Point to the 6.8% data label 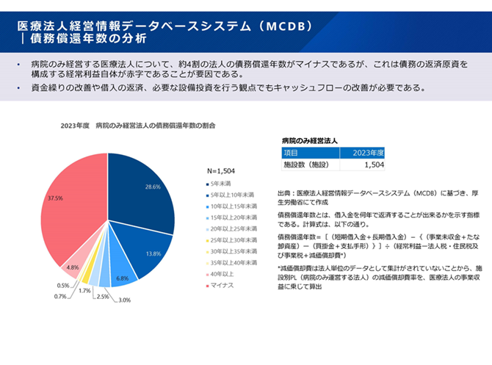pyautogui.click(x=122, y=278)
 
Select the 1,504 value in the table pyautogui.click(x=374, y=165)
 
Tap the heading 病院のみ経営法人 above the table pyautogui.click(x=309, y=139)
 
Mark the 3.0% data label pyautogui.click(x=125, y=300)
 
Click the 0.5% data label pyautogui.click(x=63, y=286)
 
